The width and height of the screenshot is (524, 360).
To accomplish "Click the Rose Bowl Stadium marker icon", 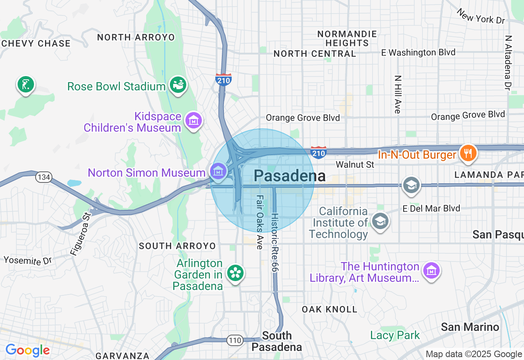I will (x=178, y=85).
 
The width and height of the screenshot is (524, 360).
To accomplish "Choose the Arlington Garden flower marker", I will (x=235, y=273).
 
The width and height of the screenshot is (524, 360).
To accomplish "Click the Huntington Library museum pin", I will (x=431, y=270).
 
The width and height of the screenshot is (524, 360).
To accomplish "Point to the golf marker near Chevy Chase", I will (x=25, y=85).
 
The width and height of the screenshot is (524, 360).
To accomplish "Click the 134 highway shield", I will (x=43, y=177).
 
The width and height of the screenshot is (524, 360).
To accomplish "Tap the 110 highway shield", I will (x=235, y=340).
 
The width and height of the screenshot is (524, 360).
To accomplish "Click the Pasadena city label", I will (x=289, y=176).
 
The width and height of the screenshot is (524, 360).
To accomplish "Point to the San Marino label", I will (x=470, y=327).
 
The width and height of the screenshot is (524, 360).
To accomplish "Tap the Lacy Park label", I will (x=395, y=335).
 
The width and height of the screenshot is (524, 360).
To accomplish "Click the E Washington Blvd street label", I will (x=418, y=52).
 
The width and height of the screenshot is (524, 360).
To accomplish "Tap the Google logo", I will (x=27, y=351).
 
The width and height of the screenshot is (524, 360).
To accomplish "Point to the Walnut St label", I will (x=355, y=164).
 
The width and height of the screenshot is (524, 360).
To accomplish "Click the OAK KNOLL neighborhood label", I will (x=330, y=309).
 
